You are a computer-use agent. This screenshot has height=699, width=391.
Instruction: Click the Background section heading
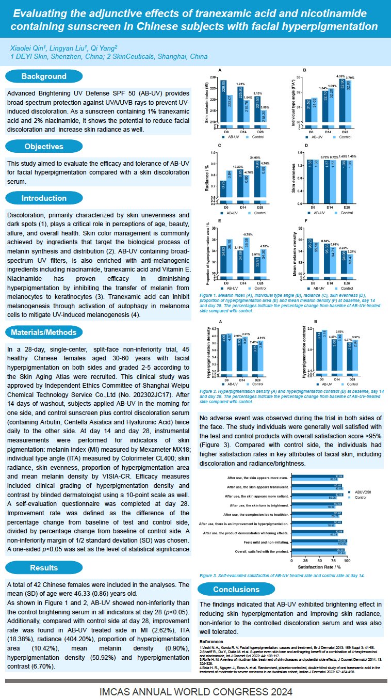point(44,76)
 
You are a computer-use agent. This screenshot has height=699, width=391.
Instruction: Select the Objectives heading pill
point(44,147)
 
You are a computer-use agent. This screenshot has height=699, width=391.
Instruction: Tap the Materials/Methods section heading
point(44,332)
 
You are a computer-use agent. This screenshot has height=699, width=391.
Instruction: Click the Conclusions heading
point(236,590)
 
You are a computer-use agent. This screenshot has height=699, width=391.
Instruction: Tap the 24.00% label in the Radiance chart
point(256,158)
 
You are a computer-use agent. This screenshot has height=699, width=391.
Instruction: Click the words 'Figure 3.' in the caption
point(208,575)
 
